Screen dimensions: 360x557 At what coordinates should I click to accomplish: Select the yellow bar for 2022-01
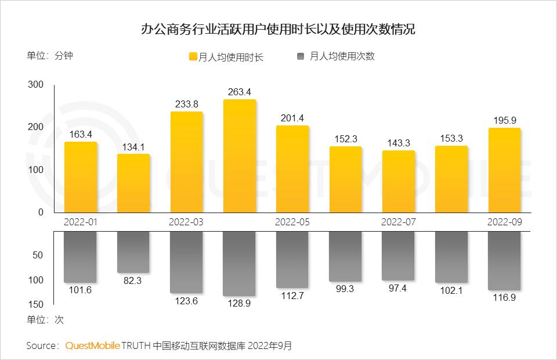[x=81, y=177]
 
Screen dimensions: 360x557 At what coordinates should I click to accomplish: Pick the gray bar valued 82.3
[x=133, y=252]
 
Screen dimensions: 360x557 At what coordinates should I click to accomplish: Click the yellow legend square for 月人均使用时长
[x=193, y=57]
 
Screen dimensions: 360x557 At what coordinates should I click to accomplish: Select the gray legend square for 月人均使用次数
[x=301, y=56]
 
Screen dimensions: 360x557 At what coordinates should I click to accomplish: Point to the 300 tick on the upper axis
[x=36, y=85]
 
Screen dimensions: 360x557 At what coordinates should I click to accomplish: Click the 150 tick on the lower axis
[x=36, y=304]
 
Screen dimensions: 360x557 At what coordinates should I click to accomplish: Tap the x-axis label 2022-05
[x=293, y=222]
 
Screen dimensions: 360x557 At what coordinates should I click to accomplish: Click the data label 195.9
[x=505, y=120]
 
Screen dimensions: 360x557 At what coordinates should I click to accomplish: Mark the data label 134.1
[x=133, y=146]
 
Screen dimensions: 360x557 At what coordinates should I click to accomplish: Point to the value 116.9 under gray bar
[x=505, y=297]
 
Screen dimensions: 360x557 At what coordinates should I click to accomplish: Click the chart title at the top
[x=278, y=30]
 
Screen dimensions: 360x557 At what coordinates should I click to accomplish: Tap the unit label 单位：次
[x=45, y=319]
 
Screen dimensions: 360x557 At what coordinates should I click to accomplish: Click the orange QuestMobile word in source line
[x=92, y=345]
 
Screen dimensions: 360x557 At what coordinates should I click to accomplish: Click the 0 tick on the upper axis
[x=41, y=213]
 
